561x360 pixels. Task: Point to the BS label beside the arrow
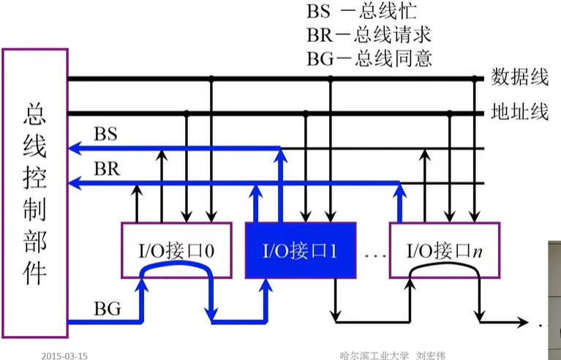coord(106,135)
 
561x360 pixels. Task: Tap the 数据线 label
coord(519,77)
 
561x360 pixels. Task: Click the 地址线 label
coord(519,112)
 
